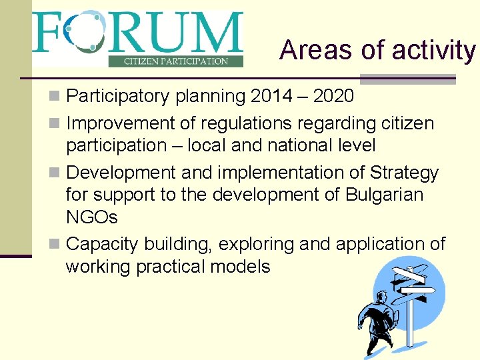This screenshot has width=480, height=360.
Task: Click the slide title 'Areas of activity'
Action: point(377,50)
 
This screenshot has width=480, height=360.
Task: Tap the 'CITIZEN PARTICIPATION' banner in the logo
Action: point(176,61)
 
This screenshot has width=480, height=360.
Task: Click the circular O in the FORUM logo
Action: point(84,31)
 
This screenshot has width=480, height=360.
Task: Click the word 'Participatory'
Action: point(118,97)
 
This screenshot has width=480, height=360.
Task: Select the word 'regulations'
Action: point(247,124)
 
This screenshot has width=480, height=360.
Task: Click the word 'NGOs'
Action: point(91,218)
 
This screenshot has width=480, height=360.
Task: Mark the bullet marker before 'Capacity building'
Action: point(57,245)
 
